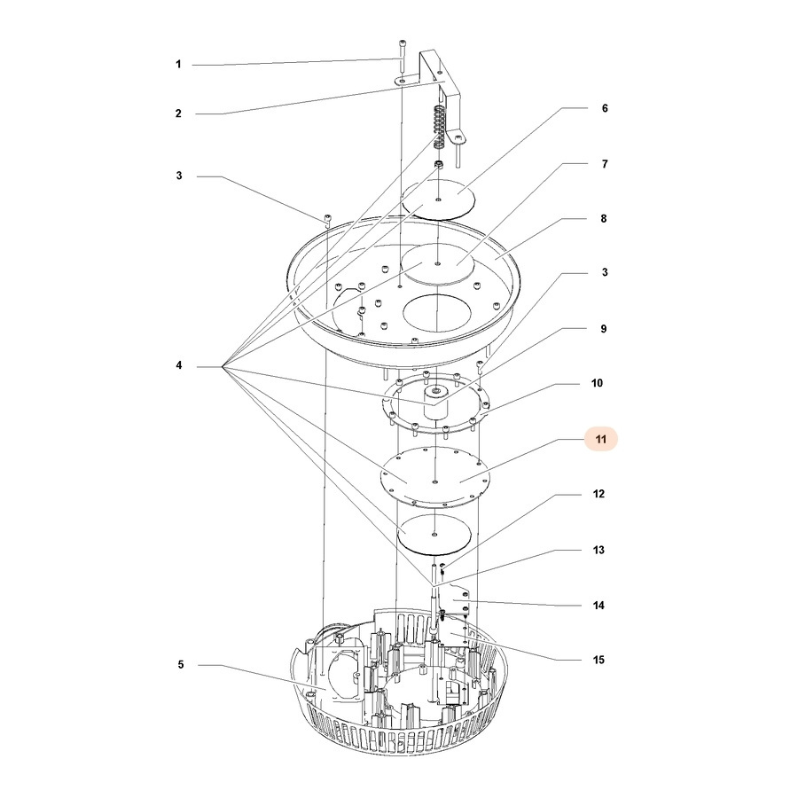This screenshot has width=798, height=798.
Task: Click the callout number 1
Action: pyautogui.click(x=178, y=65)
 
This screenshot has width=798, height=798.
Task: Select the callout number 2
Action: pyautogui.click(x=178, y=113)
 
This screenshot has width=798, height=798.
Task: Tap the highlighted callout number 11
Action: pyautogui.click(x=601, y=439)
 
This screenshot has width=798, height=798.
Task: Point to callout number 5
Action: pyautogui.click(x=181, y=665)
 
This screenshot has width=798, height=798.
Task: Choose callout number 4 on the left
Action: pyautogui.click(x=178, y=365)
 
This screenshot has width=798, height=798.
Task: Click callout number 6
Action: pyautogui.click(x=605, y=108)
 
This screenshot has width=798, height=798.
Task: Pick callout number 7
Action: pyautogui.click(x=605, y=164)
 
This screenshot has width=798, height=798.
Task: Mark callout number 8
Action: pyautogui.click(x=604, y=219)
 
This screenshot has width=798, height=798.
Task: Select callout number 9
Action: pyautogui.click(x=604, y=329)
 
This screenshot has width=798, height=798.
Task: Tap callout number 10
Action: pyautogui.click(x=597, y=383)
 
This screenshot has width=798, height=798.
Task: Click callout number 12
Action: pyautogui.click(x=598, y=494)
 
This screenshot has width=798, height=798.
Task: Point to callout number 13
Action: pyautogui.click(x=598, y=550)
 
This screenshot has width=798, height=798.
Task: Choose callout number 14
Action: pyautogui.click(x=598, y=606)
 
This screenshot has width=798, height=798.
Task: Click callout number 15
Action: pyautogui.click(x=598, y=660)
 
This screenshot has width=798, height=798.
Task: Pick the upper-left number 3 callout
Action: pyautogui.click(x=178, y=176)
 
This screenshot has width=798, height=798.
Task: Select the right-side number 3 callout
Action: pyautogui.click(x=605, y=272)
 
